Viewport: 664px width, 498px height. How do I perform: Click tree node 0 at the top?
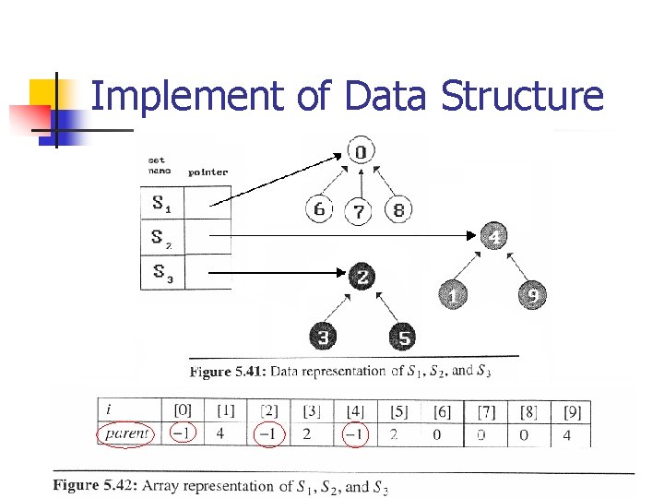click(x=361, y=151)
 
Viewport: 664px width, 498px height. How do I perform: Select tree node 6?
click(x=319, y=210)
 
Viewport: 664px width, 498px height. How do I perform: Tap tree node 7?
click(x=359, y=212)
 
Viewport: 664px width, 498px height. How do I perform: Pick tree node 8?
click(x=397, y=209)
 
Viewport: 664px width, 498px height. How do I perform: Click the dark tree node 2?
click(x=362, y=276)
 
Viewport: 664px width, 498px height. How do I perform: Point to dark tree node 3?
click(x=323, y=337)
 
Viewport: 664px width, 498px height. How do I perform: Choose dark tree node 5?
click(x=403, y=337)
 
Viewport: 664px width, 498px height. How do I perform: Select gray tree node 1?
click(x=452, y=296)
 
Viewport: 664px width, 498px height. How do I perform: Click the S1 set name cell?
click(x=161, y=203)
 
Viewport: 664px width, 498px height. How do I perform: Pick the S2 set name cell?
click(x=161, y=238)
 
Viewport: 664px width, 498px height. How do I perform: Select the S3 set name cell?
click(x=161, y=272)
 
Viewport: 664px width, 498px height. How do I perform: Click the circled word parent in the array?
click(x=126, y=433)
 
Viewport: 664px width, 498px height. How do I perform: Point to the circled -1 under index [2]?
click(x=268, y=433)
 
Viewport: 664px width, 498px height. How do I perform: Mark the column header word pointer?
click(x=207, y=172)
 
